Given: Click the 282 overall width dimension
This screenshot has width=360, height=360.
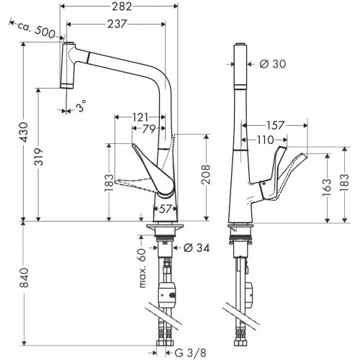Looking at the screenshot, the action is coord(122,6).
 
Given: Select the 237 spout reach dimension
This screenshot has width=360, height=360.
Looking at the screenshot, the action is coord(117,24).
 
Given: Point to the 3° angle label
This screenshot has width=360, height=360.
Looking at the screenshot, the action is coord(81,106).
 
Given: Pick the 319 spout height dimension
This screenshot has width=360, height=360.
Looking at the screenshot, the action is coord(38,157).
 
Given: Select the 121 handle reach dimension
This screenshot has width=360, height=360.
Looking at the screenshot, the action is coord(140,117).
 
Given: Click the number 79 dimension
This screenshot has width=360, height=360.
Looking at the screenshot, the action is coord(149,129).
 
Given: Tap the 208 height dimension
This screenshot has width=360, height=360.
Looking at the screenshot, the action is coord(206,174).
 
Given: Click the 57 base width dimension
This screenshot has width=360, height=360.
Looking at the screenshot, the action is coord(165,209).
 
